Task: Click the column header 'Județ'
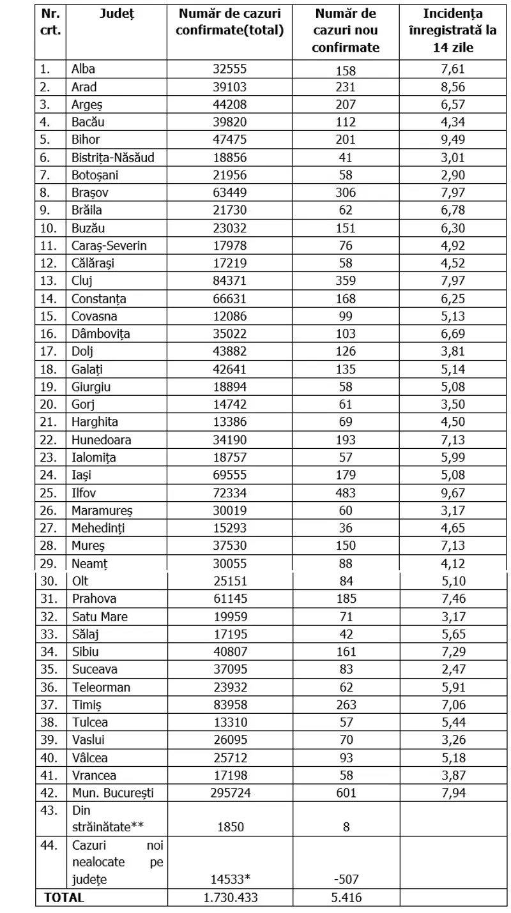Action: point(117,15)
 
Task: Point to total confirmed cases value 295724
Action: point(229,793)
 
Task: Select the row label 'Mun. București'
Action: point(112,793)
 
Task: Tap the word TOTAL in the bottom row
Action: point(64,897)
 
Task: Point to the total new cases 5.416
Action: point(347,897)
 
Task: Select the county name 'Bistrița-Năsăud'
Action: point(113,158)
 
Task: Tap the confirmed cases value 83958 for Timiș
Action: point(229,705)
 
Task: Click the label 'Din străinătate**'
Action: point(107,818)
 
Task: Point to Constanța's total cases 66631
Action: point(229,299)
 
